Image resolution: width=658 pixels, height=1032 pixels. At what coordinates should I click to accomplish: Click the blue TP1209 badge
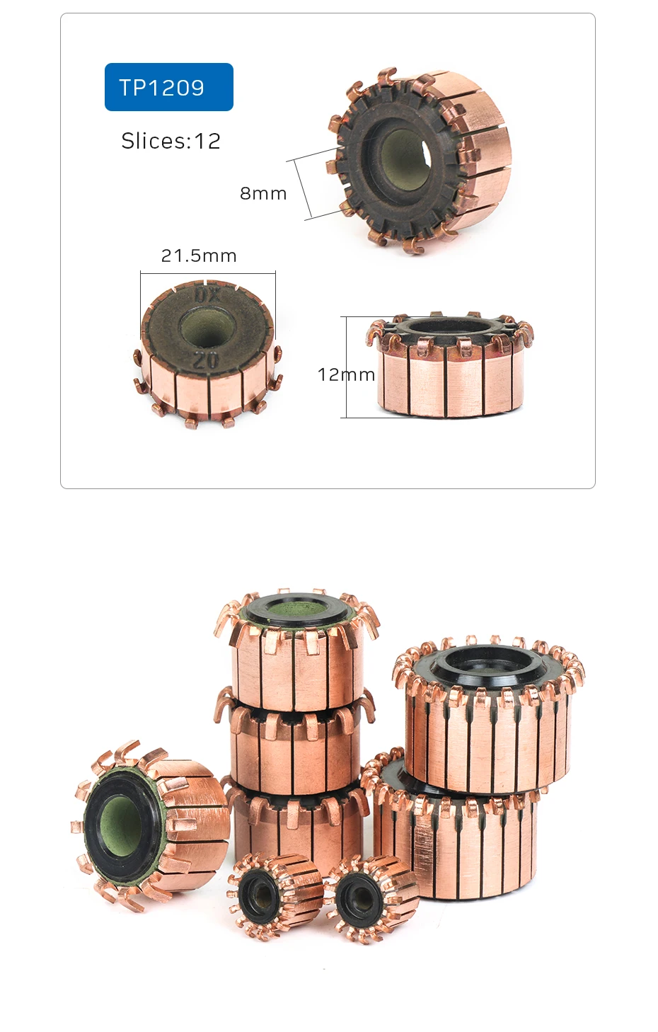pos(168,87)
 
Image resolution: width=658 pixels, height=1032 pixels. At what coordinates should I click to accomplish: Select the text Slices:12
pos(171,141)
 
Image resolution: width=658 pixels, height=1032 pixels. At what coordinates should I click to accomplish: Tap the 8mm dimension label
pos(263,193)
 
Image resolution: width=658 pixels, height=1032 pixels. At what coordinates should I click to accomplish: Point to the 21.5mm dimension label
pos(199,256)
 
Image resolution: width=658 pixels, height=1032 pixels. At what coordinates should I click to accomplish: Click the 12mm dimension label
pos(346,374)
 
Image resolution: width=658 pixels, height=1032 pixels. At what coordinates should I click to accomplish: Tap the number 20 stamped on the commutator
pos(206,359)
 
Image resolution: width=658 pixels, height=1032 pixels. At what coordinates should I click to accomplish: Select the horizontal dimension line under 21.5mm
pos(207,273)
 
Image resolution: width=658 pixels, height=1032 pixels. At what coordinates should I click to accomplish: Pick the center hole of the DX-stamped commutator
pos(204,327)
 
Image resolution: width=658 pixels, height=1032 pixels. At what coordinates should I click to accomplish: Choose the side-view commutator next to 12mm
pos(449,368)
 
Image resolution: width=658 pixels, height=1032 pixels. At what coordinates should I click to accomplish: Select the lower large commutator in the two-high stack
pos(456,842)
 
